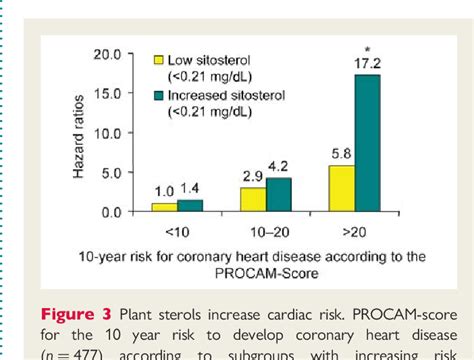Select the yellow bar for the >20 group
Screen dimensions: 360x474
(x=342, y=189)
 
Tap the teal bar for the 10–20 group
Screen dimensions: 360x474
(x=279, y=195)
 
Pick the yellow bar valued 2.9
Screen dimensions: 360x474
(x=254, y=200)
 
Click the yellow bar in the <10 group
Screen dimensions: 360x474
(x=164, y=207)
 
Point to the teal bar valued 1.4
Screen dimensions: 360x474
(x=189, y=206)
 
